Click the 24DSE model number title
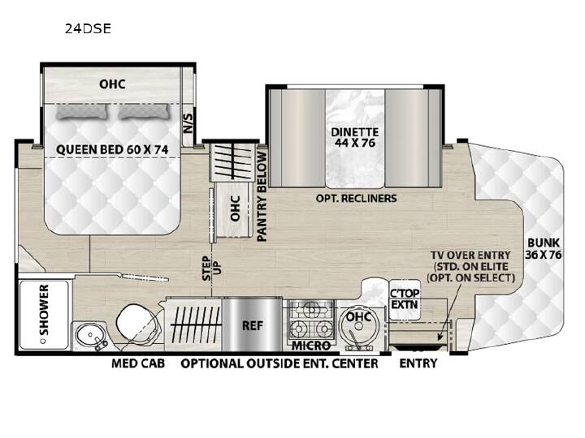tap(88, 28)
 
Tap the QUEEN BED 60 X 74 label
tap(112, 150)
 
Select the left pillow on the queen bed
tap(81, 112)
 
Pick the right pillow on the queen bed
tap(143, 112)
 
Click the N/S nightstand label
tap(188, 123)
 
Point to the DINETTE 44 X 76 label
tap(355, 137)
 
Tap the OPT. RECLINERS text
tap(357, 198)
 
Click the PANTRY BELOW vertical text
tap(262, 196)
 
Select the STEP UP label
tap(211, 268)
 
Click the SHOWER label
tap(44, 310)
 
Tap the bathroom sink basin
tap(90, 335)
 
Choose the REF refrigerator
tap(252, 325)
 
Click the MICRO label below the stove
tap(311, 346)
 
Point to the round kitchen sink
tap(358, 326)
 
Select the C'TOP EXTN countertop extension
tap(405, 299)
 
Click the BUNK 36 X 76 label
tap(544, 248)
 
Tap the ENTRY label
tap(418, 363)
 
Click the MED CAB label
tap(138, 363)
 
